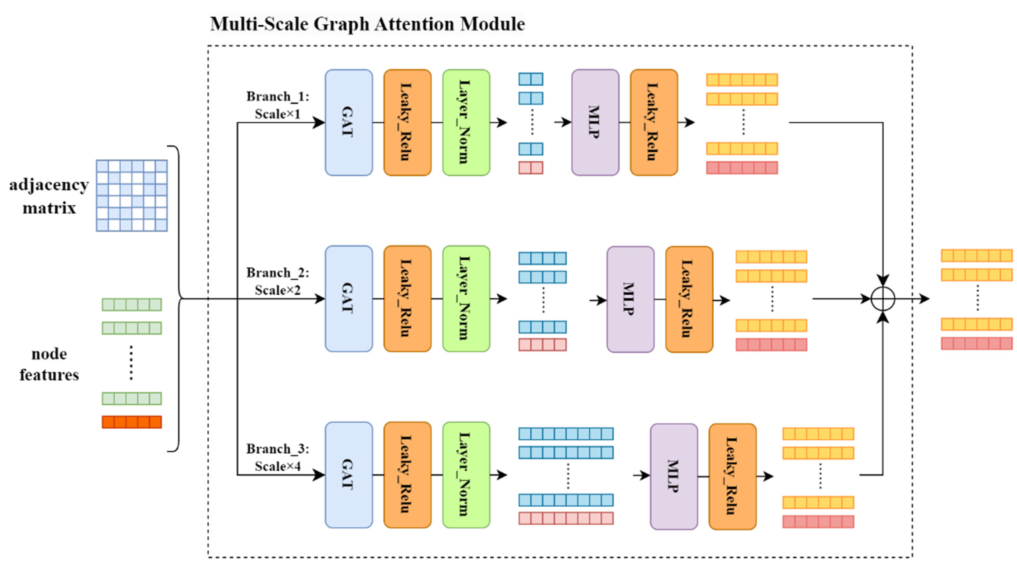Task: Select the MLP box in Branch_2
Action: pyautogui.click(x=630, y=299)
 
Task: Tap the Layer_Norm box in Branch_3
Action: pyautogui.click(x=466, y=474)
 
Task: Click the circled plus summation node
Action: pyautogui.click(x=883, y=299)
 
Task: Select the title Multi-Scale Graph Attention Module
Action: pyautogui.click(x=367, y=24)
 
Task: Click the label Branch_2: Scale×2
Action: pyautogui.click(x=278, y=281)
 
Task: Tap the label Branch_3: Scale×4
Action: pyautogui.click(x=278, y=457)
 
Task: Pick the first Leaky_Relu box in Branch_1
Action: pyautogui.click(x=407, y=122)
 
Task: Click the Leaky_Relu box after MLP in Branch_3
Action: pyautogui.click(x=732, y=476)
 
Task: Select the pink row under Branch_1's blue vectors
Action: pyautogui.click(x=531, y=168)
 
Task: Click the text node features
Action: pyautogui.click(x=49, y=364)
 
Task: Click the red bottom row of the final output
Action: pyautogui.click(x=977, y=343)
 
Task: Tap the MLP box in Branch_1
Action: pyautogui.click(x=595, y=122)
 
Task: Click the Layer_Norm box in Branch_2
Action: pyautogui.click(x=466, y=299)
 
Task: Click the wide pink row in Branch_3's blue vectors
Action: pyautogui.click(x=566, y=518)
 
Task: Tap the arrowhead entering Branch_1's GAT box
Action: pyautogui.click(x=319, y=122)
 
